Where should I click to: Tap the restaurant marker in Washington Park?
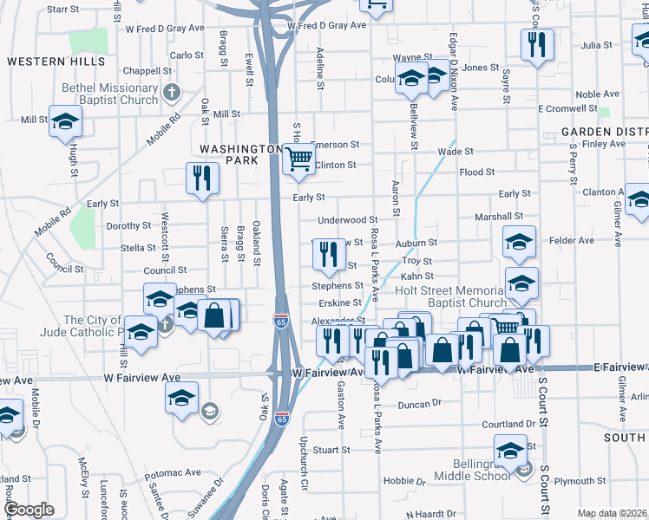point(202,179)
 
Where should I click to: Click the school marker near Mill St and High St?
point(65,123)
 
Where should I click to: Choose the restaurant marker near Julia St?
point(538,43)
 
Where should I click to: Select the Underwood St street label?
point(348,221)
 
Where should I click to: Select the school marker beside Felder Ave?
point(519,242)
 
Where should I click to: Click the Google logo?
point(29,509)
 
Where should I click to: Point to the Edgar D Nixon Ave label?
point(454,74)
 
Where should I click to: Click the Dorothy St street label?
point(128,225)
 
